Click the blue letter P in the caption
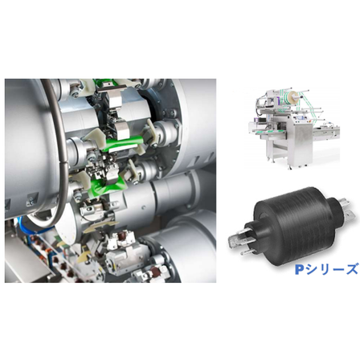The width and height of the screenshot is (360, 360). point(300,270)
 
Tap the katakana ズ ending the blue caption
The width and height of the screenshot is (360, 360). point(351,269)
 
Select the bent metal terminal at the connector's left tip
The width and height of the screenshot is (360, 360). point(237,239)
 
